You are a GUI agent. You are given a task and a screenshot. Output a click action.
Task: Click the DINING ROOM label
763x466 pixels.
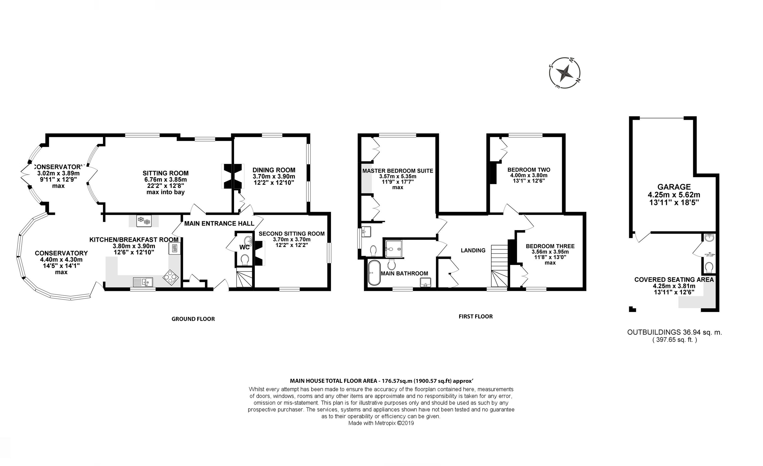click(x=274, y=170)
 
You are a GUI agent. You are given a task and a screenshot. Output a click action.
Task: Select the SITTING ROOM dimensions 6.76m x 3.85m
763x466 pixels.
click(x=165, y=179)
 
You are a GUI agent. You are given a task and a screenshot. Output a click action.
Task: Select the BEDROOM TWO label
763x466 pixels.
click(x=529, y=170)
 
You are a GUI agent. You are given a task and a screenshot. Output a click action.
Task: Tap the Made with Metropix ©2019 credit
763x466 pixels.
click(x=381, y=423)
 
